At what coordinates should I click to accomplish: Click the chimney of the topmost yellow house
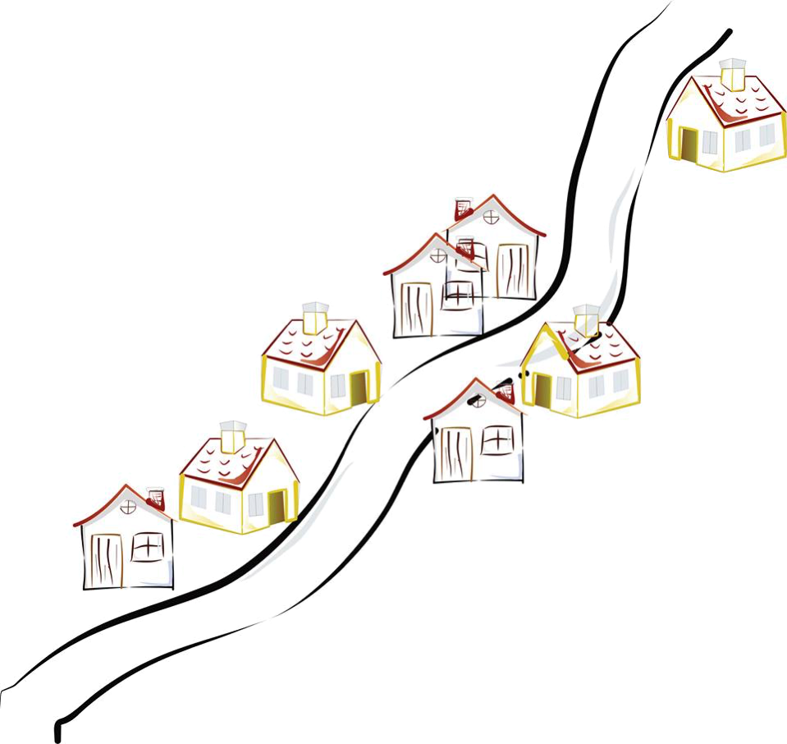(732, 74)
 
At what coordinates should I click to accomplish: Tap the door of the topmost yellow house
(688, 145)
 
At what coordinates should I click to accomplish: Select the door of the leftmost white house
(107, 560)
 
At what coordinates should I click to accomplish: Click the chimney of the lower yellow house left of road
(232, 435)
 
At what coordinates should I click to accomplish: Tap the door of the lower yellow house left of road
(277, 503)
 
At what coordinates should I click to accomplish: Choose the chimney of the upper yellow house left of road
(313, 318)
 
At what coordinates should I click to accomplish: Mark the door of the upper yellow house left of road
(359, 388)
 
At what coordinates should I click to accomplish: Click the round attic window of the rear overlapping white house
(490, 217)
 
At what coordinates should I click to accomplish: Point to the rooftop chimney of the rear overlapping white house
(461, 205)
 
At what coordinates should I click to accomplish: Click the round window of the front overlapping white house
(437, 255)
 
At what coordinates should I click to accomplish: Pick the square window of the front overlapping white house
(459, 294)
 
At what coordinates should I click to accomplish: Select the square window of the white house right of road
(496, 440)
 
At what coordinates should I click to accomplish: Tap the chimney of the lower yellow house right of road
(586, 319)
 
